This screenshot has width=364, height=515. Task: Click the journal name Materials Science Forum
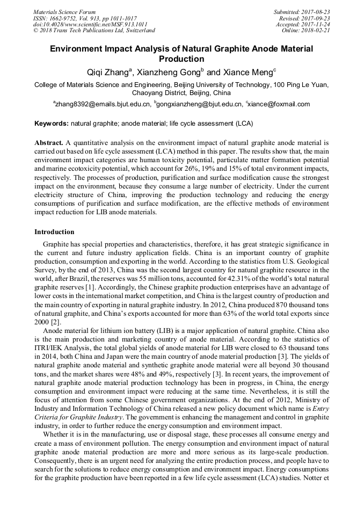64,12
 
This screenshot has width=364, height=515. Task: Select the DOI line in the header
90,24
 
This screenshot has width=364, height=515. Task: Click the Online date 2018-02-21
317,31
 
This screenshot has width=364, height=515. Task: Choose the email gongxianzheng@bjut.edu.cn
199,104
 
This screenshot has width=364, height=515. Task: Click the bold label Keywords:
52,124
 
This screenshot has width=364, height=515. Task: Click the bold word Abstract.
49,143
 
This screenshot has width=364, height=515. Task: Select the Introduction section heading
54,232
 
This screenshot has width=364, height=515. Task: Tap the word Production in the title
181,59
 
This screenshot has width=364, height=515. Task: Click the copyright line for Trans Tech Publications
94,31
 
